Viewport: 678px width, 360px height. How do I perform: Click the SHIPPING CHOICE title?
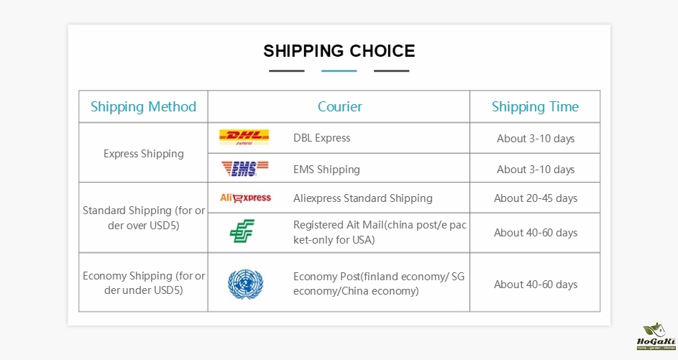339,51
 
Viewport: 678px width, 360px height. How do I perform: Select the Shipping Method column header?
143,107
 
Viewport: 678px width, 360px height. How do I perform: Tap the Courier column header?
340,107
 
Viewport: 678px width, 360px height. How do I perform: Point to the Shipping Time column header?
535,107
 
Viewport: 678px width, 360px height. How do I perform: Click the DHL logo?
244,137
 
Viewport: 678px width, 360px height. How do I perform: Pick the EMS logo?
244,168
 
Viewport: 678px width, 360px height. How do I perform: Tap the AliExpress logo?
245,198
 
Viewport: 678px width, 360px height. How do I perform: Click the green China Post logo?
242,231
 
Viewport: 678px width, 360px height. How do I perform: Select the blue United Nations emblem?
246,284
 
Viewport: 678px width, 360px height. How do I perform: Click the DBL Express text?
321,138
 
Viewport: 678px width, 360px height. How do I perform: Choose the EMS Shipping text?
326,170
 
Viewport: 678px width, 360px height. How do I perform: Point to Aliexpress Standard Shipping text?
363,198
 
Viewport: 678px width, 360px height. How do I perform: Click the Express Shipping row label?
144,154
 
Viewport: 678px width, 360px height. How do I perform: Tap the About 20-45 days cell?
536,198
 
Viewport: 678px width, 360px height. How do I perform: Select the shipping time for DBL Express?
536,138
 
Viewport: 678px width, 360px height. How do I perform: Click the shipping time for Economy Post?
536,285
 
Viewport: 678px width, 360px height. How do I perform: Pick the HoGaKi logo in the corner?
656,336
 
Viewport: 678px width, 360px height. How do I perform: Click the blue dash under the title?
339,71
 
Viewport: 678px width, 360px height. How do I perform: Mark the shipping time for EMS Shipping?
536,170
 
